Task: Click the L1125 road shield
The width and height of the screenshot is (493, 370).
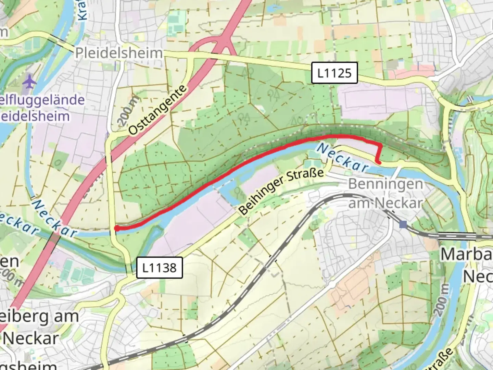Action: tap(334, 73)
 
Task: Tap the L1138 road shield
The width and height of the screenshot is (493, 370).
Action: tap(159, 268)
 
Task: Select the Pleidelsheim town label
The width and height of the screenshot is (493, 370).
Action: tap(119, 53)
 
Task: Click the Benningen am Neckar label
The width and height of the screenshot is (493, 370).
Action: tap(385, 194)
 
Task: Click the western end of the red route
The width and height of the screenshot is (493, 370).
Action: tap(117, 228)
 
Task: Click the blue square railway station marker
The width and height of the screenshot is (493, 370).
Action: tap(403, 224)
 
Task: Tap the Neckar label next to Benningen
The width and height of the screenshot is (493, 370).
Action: tap(342, 158)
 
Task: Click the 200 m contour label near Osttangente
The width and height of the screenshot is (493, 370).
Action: tap(128, 110)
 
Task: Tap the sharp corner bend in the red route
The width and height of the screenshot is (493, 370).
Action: tap(380, 146)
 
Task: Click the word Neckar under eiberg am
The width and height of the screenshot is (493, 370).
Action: tap(31, 338)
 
